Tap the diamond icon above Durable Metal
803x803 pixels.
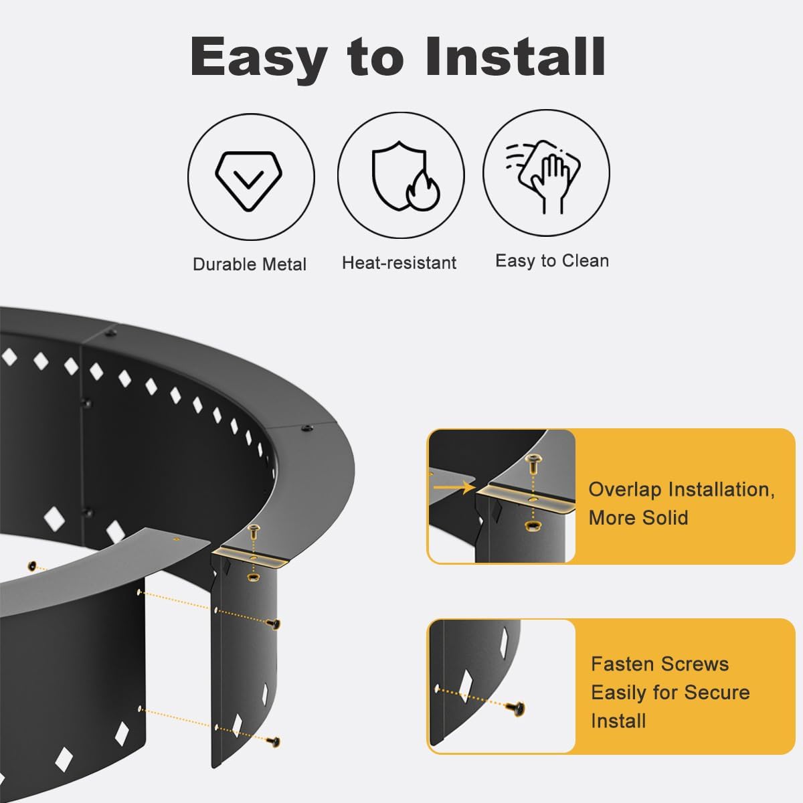tap(250, 177)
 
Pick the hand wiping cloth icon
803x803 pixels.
tap(546, 177)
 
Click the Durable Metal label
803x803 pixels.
tap(249, 264)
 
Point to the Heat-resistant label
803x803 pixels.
tap(399, 263)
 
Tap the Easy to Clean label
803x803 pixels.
tap(552, 261)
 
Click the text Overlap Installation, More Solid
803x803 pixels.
tap(681, 503)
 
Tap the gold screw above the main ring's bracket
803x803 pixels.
tap(255, 533)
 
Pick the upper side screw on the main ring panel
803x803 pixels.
tap(273, 624)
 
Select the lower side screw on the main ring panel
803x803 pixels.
tap(272, 741)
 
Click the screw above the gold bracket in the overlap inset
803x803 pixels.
tap(533, 461)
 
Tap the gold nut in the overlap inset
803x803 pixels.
tap(533, 524)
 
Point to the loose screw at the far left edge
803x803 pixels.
tap(31, 566)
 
